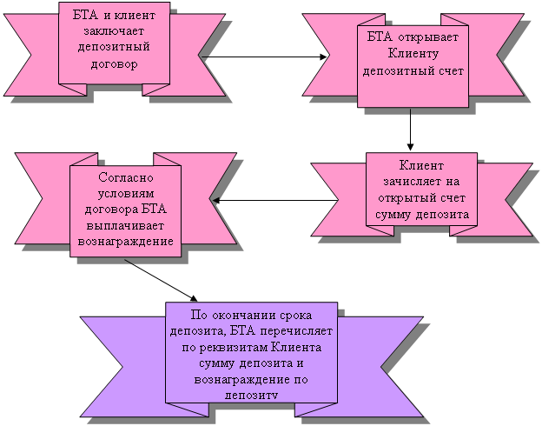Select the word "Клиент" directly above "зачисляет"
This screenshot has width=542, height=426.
(421, 166)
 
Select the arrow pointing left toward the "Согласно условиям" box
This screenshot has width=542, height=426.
(274, 201)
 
